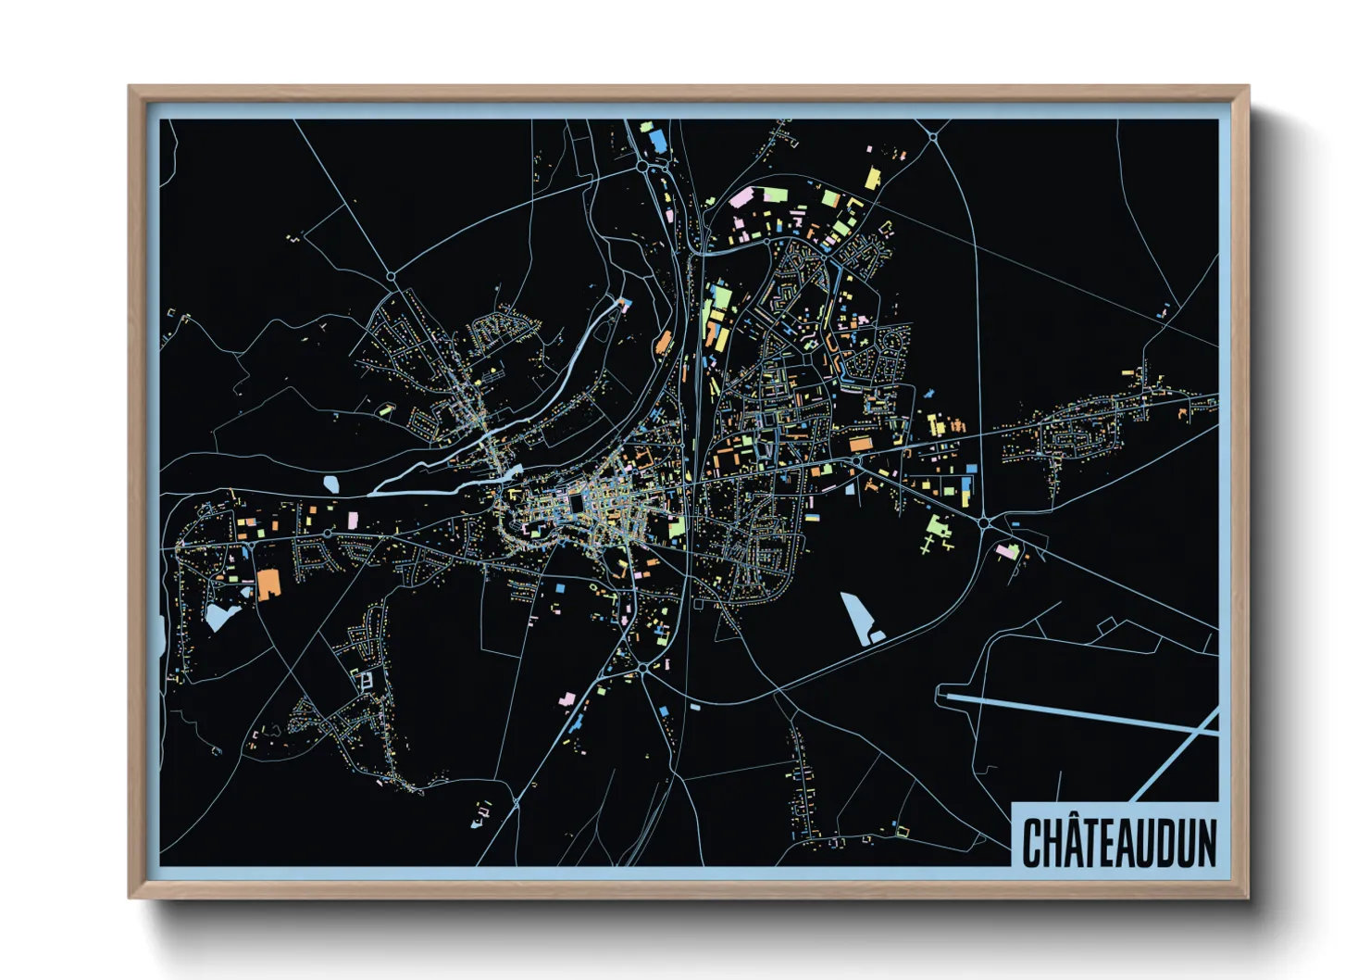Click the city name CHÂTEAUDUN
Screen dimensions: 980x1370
point(1118,841)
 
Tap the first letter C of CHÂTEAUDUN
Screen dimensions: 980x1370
point(1033,842)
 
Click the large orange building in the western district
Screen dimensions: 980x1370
point(268,584)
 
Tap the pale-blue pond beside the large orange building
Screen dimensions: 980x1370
point(220,614)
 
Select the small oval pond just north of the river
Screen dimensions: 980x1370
point(331,483)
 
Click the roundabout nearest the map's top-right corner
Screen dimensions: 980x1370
point(933,138)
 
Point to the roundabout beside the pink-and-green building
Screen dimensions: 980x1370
point(983,523)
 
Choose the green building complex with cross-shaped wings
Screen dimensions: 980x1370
point(937,532)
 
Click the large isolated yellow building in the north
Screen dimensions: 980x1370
point(872,177)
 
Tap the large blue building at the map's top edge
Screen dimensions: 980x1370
point(658,140)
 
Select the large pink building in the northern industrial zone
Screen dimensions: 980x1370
point(741,198)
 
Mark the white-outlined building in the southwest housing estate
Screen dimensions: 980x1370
point(367,681)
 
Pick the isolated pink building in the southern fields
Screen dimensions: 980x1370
point(567,698)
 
